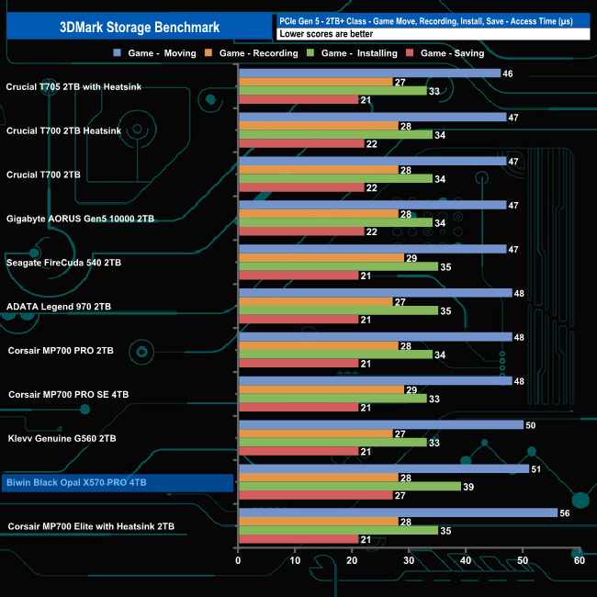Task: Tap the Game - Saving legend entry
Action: coord(450,53)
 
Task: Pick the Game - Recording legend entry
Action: coord(258,53)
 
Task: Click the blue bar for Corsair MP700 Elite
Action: coord(398,513)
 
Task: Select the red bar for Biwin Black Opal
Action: coord(315,496)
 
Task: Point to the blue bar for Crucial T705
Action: coord(369,73)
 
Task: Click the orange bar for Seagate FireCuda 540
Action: coord(321,259)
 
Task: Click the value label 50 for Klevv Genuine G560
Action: coord(531,425)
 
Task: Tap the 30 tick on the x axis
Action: coord(409,560)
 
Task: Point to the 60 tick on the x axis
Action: coord(579,560)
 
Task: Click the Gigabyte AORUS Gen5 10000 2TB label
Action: coord(80,219)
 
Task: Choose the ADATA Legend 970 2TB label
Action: coord(59,307)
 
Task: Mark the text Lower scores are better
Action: coord(318,33)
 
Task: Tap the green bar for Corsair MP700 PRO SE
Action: coord(332,399)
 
